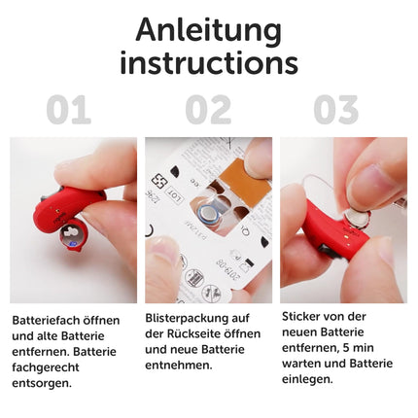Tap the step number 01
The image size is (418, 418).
68,110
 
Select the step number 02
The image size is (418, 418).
208,110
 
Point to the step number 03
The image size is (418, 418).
336,110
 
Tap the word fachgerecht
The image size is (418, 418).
46,367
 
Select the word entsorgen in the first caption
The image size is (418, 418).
41,383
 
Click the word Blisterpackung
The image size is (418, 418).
188,318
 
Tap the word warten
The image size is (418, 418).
301,364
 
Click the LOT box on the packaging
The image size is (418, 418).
174,194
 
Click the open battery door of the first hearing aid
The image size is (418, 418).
74,236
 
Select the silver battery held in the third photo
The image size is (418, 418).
358,219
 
